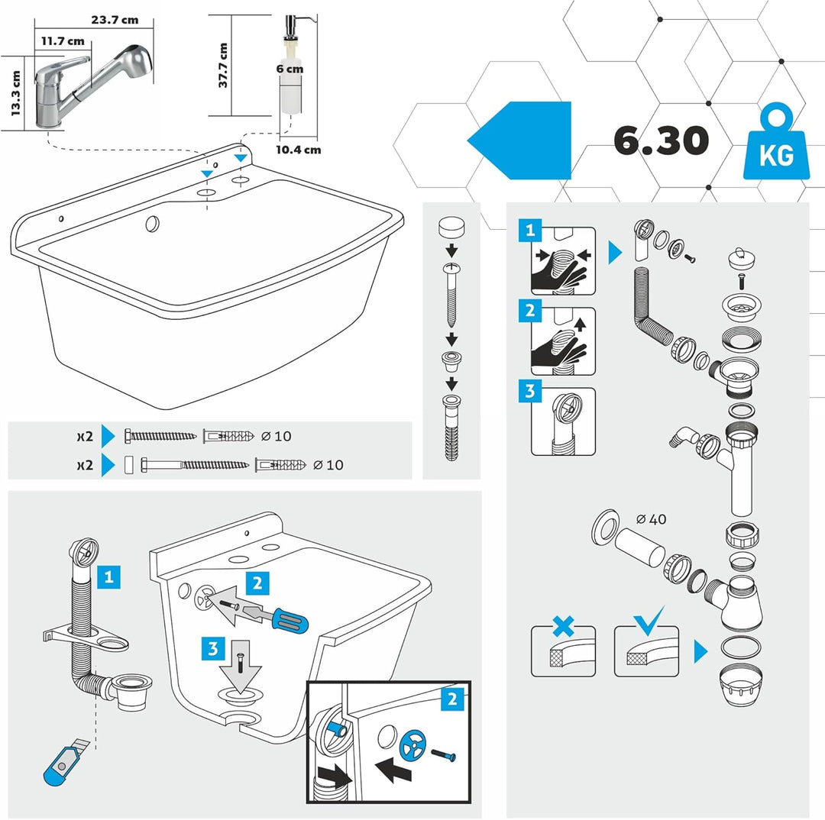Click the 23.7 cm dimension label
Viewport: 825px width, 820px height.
(x=115, y=20)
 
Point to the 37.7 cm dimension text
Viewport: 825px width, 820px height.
(x=224, y=65)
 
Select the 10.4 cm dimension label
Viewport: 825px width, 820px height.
(x=298, y=150)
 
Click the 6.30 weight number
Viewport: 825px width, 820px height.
(x=662, y=140)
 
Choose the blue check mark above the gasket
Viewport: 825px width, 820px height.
(x=646, y=620)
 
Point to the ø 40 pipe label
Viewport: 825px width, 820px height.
(x=651, y=519)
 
